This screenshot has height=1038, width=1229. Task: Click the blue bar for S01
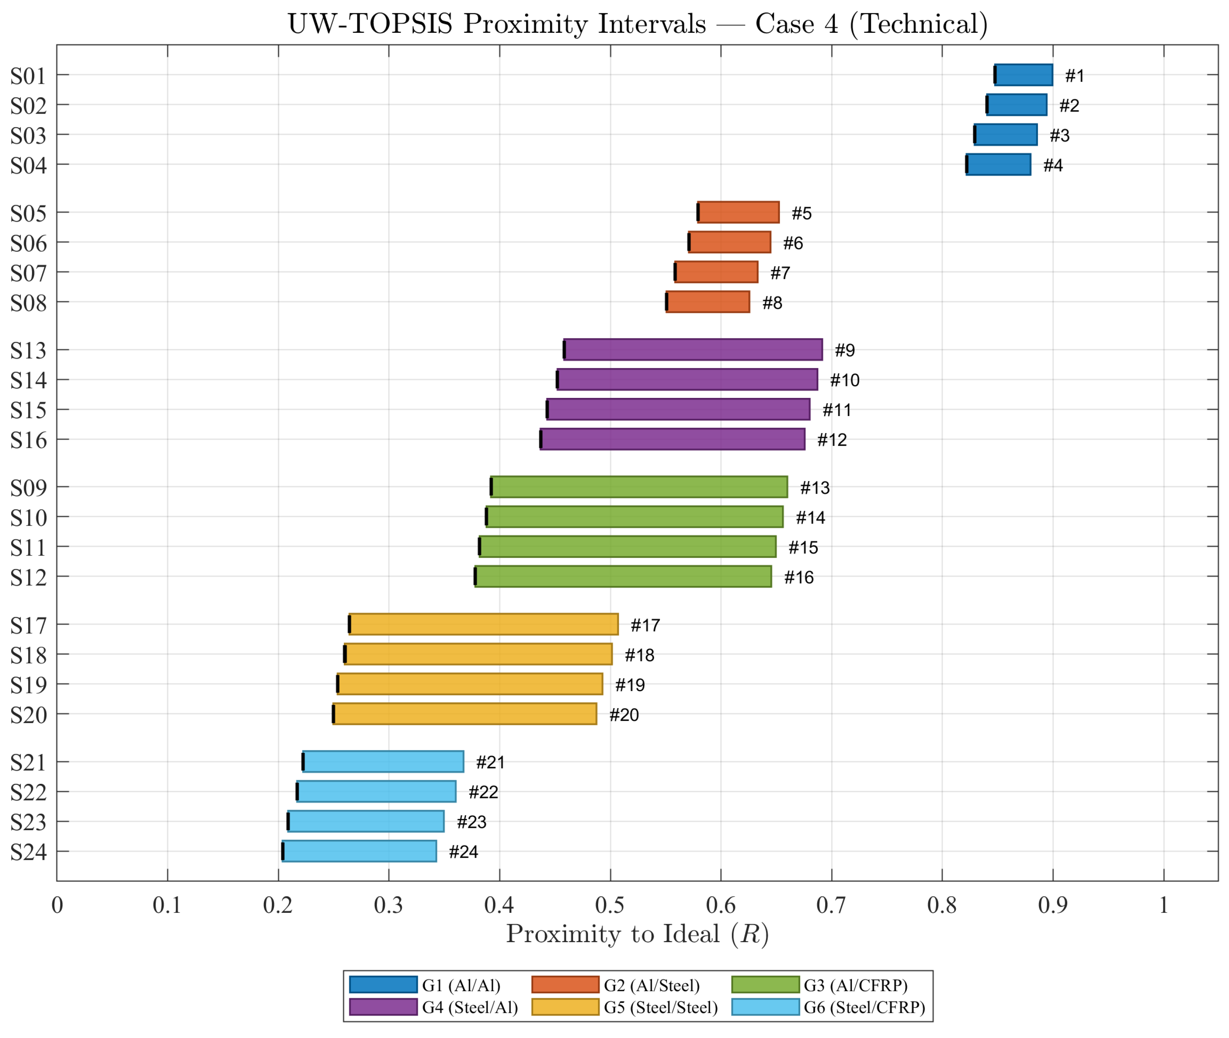(1023, 75)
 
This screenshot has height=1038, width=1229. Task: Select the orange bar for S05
(738, 212)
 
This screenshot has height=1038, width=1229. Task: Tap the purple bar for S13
(693, 350)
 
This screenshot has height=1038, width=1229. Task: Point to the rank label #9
(845, 350)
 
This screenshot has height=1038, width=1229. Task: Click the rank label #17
(645, 625)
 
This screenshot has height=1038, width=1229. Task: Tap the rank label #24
(463, 851)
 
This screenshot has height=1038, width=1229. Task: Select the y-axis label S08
(28, 303)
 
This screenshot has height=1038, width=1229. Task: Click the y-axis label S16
(28, 440)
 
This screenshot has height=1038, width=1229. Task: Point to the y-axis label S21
(28, 763)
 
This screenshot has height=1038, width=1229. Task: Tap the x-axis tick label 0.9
(1052, 904)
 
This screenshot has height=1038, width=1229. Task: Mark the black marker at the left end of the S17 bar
(350, 624)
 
